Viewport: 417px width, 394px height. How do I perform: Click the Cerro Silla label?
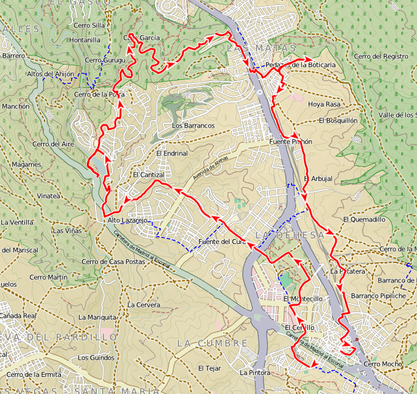pos(89,25)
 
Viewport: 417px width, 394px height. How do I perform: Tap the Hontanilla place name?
pos(85,40)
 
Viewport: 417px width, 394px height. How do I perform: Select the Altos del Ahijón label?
pos(51,74)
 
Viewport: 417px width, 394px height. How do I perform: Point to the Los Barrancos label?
pos(194,126)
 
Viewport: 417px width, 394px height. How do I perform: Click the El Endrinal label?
pos(172,154)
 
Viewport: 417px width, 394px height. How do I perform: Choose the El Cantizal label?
pos(149,175)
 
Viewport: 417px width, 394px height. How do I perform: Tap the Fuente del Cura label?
pos(222,242)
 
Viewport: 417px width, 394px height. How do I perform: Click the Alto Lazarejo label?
pos(127,220)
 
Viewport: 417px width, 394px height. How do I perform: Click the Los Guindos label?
pos(96,357)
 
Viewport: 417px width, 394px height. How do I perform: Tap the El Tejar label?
pos(208,368)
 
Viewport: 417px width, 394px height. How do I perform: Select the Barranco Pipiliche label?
pos(378,296)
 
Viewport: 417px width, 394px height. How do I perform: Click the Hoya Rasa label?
pos(324,104)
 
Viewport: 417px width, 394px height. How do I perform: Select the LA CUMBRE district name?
pos(212,343)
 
